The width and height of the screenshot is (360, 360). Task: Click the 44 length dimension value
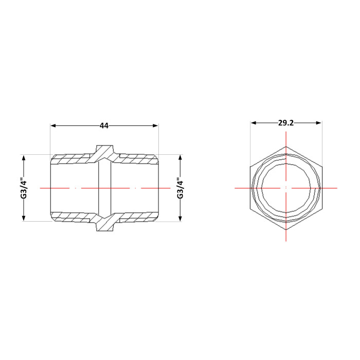tap(104, 125)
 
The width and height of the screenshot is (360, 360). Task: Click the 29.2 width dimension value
tap(286, 123)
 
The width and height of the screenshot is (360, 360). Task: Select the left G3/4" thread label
tap(24, 188)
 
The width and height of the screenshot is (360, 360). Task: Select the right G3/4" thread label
tap(180, 188)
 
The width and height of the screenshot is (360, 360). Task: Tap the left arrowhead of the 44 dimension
tap(53, 125)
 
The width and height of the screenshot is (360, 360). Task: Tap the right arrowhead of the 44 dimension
tap(155, 125)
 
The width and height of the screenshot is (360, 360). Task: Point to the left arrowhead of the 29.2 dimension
tap(254, 123)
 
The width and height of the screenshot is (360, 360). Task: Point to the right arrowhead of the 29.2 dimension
tap(318, 123)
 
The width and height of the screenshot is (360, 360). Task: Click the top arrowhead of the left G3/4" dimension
tap(24, 158)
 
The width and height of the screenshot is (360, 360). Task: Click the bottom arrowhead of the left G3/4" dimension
tap(24, 218)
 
